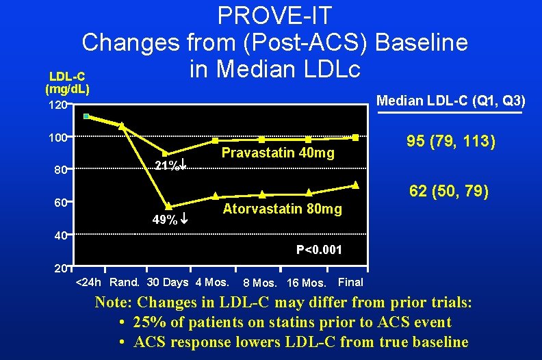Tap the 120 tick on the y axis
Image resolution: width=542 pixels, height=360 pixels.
[x=57, y=105]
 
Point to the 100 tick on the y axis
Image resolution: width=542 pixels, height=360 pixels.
[x=57, y=138]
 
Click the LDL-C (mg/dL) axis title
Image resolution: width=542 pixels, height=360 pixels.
[x=68, y=82]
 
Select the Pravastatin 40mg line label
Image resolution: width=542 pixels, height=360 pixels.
[x=278, y=153]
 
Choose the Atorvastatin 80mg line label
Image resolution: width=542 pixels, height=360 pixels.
[x=282, y=209]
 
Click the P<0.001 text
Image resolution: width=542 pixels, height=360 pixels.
[x=319, y=250]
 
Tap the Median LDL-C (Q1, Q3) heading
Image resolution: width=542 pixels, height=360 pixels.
[x=451, y=101]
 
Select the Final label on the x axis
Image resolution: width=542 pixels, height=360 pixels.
[x=351, y=282]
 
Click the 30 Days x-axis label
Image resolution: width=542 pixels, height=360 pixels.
[x=168, y=282]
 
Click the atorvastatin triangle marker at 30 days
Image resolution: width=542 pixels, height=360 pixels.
[x=168, y=205]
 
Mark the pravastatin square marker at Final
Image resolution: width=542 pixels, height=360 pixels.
[x=355, y=138]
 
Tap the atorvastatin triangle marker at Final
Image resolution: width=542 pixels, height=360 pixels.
[x=355, y=185]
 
